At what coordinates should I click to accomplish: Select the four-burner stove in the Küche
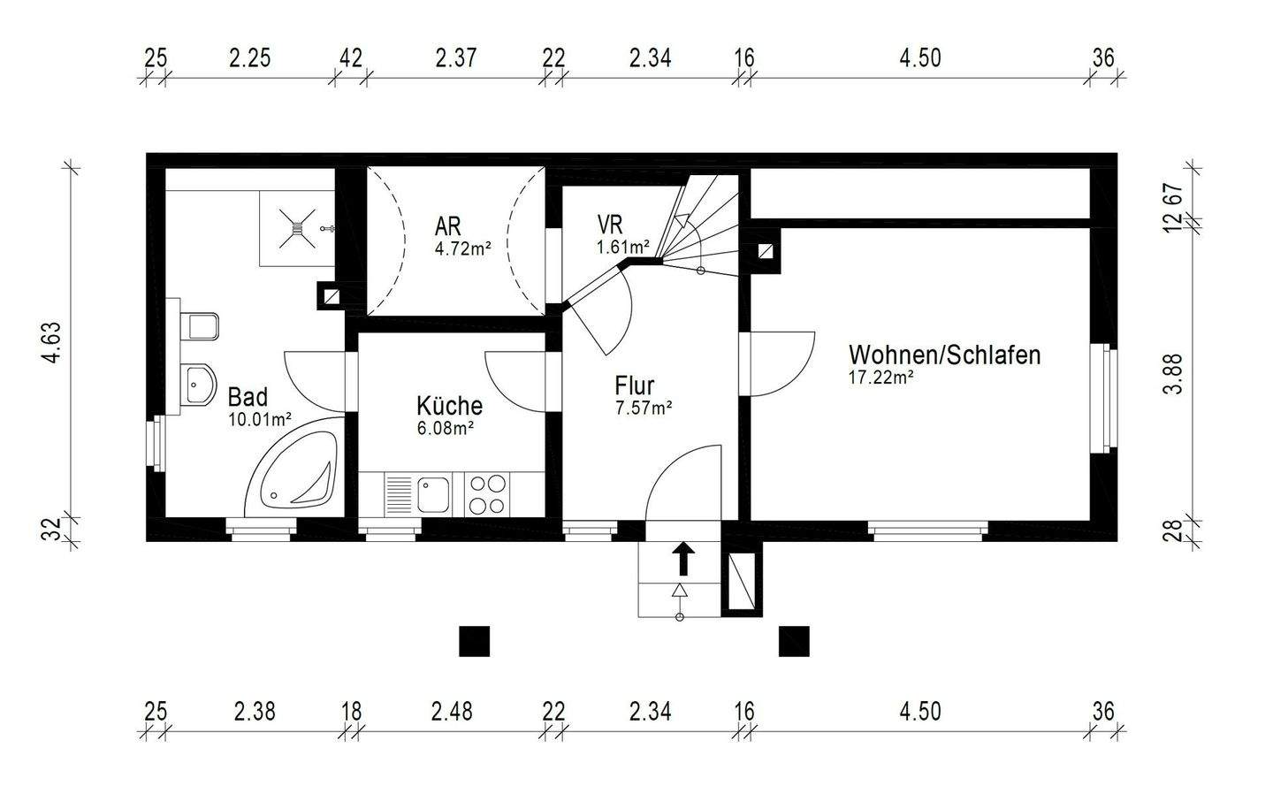click(x=487, y=495)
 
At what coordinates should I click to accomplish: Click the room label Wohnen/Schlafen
click(x=944, y=355)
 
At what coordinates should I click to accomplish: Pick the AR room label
click(x=447, y=225)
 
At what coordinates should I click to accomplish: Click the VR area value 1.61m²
click(x=623, y=247)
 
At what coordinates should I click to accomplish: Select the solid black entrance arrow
click(x=682, y=560)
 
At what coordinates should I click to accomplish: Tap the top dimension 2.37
click(x=456, y=58)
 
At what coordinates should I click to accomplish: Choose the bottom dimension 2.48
click(x=452, y=711)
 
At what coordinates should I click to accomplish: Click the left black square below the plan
click(x=475, y=641)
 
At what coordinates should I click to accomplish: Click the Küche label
click(x=449, y=406)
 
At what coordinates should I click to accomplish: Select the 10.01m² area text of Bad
click(x=260, y=419)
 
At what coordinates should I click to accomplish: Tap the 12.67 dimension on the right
click(x=1172, y=208)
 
